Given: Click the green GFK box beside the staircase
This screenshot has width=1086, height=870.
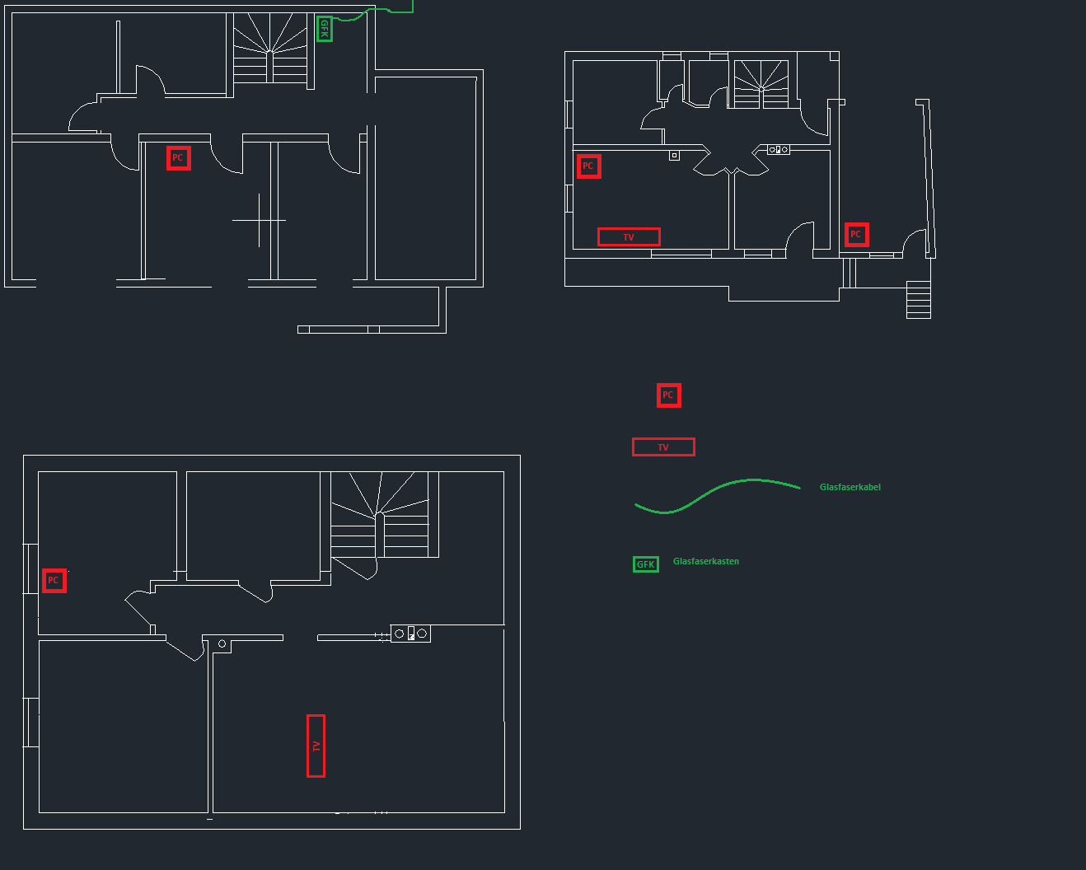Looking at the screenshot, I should pyautogui.click(x=325, y=29).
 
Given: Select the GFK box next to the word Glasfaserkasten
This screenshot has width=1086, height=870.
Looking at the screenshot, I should pyautogui.click(x=646, y=564).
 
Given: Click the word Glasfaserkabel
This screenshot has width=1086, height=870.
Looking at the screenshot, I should pyautogui.click(x=850, y=487).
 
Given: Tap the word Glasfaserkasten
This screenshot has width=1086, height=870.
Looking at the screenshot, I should pyautogui.click(x=705, y=561).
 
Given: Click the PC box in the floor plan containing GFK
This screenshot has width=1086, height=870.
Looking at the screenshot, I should pyautogui.click(x=178, y=158).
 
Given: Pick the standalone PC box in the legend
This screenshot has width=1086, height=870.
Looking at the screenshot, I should pyautogui.click(x=668, y=395).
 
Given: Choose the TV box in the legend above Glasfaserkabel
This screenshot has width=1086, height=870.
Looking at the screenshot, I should pyautogui.click(x=663, y=447).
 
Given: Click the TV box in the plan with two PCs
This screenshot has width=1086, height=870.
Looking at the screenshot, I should pyautogui.click(x=629, y=237).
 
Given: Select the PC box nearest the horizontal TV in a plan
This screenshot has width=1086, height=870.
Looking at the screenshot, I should pyautogui.click(x=588, y=166).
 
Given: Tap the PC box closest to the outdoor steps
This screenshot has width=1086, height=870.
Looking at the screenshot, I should pyautogui.click(x=856, y=235).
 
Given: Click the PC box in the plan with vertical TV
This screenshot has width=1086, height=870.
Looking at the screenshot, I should pyautogui.click(x=54, y=581).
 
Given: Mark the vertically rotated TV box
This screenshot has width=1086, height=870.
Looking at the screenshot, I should pyautogui.click(x=316, y=746).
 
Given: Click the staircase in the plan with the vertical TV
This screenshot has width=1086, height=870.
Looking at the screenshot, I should pyautogui.click(x=380, y=515).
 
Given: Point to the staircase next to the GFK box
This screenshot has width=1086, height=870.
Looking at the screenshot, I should pyautogui.click(x=269, y=49).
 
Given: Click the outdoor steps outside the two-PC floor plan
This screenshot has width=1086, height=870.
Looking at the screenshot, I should pyautogui.click(x=918, y=299).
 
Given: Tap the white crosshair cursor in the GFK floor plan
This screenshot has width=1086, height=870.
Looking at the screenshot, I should pyautogui.click(x=259, y=221).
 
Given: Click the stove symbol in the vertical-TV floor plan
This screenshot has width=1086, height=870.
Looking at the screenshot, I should pyautogui.click(x=410, y=634).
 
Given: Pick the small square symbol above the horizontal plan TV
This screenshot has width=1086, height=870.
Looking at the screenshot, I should pyautogui.click(x=674, y=155).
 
